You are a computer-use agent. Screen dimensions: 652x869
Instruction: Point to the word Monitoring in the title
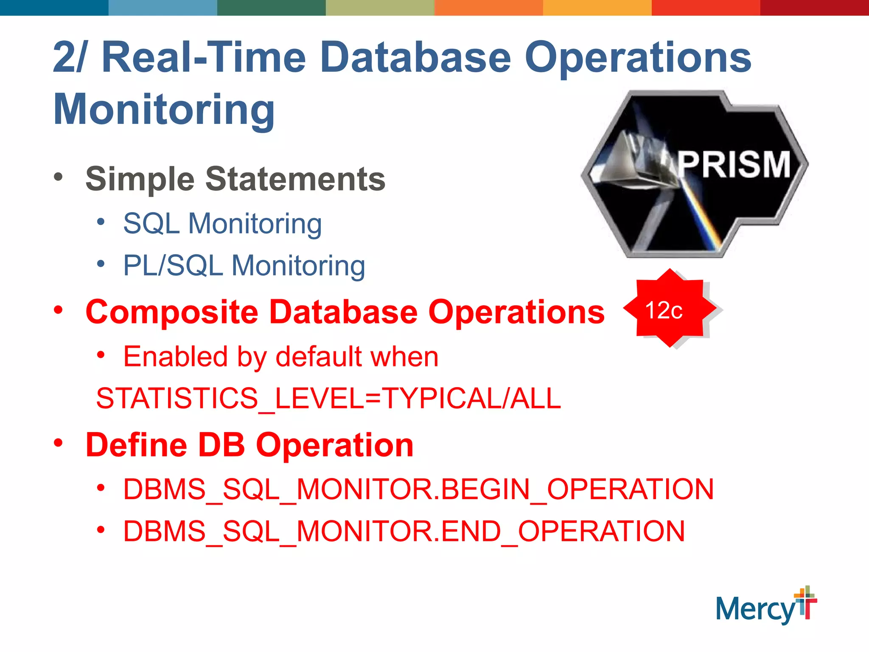coord(164,109)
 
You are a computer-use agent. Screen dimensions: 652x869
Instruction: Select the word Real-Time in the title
coord(204,57)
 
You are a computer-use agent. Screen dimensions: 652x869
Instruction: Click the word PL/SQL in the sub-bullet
coord(173,266)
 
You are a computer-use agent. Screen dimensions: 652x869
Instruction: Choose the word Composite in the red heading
coord(172,312)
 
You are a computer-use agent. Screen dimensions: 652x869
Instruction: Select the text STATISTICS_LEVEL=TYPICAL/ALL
coord(328,398)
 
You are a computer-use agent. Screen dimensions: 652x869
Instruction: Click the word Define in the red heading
coord(136,445)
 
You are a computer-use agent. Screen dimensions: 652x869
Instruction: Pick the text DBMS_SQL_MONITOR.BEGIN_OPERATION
coord(418,489)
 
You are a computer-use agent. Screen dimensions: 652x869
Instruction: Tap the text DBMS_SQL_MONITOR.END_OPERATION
coord(404,531)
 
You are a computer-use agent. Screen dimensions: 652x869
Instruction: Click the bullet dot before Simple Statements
coord(59,177)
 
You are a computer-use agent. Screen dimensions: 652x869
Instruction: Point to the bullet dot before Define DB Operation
coord(59,443)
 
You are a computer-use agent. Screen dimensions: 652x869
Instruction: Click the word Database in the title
coord(416,57)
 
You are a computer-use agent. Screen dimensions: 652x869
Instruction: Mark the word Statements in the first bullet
coord(295,179)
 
